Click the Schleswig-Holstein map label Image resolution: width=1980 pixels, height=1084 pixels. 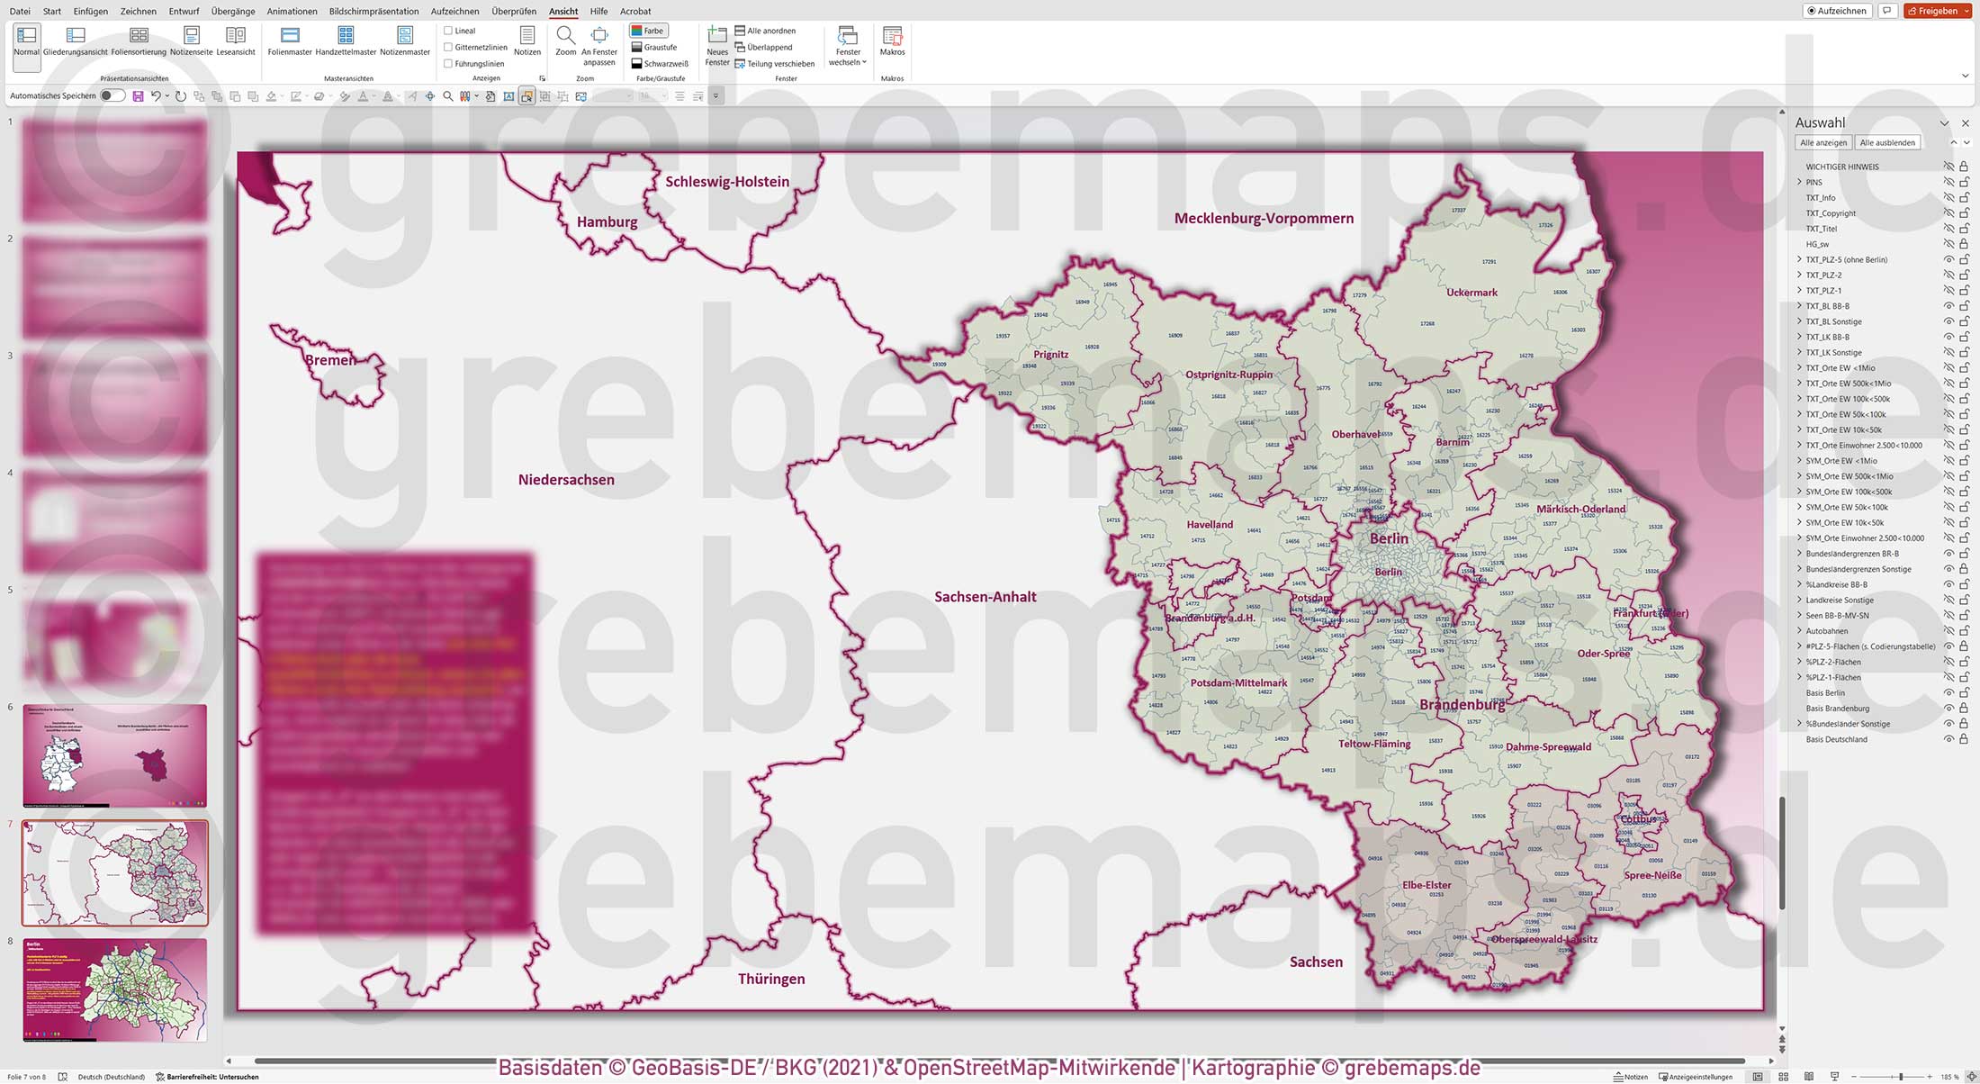(727, 182)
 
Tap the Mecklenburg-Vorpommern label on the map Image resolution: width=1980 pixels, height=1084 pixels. (1264, 219)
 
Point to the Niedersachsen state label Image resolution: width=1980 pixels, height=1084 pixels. (566, 480)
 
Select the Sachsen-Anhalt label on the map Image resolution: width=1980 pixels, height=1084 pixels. (985, 597)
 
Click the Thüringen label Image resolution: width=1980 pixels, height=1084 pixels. (771, 980)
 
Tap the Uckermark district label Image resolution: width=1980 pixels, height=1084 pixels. (1471, 293)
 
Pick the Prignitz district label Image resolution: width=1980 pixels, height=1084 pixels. (1050, 355)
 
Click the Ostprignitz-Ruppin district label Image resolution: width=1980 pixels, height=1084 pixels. (1228, 375)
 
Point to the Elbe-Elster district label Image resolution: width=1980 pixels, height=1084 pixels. (1426, 885)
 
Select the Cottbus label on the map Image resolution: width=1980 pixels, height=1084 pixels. (1637, 819)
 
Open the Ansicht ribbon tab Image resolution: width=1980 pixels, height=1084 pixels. (563, 12)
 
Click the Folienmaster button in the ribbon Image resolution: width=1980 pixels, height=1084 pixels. (290, 41)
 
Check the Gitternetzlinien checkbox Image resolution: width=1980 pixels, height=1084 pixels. (448, 48)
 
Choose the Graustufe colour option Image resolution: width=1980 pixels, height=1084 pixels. (654, 48)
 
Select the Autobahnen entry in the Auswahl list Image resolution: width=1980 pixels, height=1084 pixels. (1826, 631)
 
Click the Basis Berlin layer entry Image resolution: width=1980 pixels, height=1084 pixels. (1824, 693)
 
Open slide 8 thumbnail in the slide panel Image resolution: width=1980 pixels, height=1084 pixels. (115, 989)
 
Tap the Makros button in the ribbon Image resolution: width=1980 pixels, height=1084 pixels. (892, 41)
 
